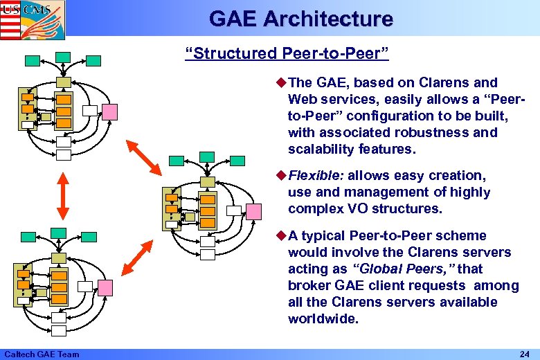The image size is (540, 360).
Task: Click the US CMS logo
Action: coord(33,17)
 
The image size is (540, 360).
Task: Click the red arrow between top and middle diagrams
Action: coord(147,158)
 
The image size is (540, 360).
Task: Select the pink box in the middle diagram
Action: coord(254,210)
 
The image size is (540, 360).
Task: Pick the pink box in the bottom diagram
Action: coord(105,286)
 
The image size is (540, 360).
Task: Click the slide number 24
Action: coord(525,354)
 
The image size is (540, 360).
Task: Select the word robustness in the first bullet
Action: coord(440,133)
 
